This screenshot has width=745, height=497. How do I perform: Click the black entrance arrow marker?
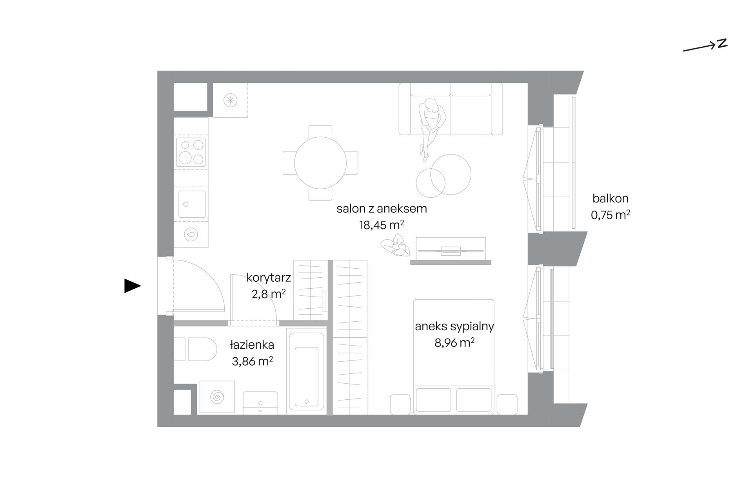(133, 286)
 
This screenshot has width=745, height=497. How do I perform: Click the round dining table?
(320, 163)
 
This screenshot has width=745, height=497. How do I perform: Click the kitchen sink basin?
(192, 204)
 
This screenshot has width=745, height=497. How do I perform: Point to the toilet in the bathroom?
(195, 349)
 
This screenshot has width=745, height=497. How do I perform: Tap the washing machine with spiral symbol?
(217, 397)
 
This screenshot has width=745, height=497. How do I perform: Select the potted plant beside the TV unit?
(395, 246)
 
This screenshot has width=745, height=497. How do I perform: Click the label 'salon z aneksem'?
(382, 209)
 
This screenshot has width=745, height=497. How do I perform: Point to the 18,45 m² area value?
(382, 225)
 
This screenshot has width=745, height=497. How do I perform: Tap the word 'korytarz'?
(269, 278)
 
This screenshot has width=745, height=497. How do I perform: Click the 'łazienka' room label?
(252, 345)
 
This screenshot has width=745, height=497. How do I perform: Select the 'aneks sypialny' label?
(454, 327)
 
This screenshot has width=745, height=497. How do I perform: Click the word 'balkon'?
(611, 198)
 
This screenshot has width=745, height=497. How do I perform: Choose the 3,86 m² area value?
(252, 361)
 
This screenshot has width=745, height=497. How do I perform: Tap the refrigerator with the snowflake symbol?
(230, 100)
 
